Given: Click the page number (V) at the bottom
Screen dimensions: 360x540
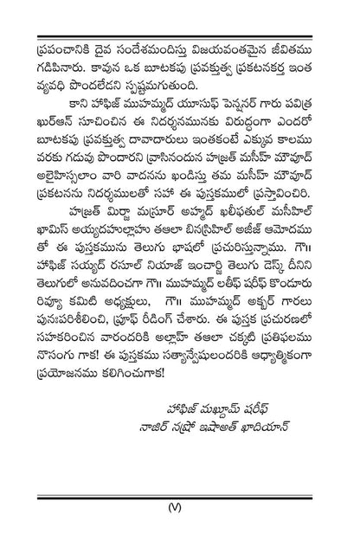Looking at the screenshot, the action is coord(179,509).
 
